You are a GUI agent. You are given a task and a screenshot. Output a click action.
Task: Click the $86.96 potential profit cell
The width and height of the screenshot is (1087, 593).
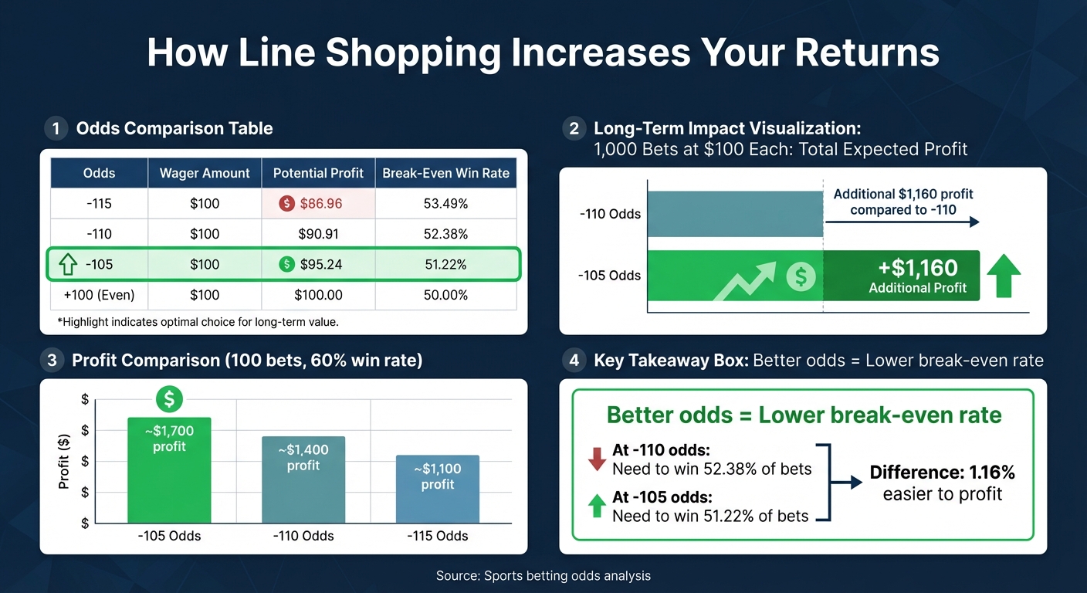point(318,204)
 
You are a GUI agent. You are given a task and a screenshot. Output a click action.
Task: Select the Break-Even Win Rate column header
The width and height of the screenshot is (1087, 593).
point(445,173)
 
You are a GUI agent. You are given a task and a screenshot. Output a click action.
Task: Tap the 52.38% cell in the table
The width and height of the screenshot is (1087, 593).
point(445,234)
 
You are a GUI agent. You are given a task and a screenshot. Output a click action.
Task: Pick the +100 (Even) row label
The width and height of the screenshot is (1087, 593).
point(99,295)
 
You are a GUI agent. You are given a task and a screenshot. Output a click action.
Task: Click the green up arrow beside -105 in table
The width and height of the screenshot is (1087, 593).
point(68,265)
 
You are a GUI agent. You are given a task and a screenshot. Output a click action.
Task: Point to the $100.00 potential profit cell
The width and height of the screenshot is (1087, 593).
point(318,295)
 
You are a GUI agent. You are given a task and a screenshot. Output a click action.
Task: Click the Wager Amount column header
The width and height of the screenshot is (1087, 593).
point(205,173)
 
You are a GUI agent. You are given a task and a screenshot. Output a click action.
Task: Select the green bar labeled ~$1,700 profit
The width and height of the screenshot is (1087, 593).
point(169,471)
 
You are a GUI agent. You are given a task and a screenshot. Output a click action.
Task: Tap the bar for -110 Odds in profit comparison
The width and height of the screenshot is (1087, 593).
point(303,480)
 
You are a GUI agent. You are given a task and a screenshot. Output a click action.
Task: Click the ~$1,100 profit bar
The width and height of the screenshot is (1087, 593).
point(438,490)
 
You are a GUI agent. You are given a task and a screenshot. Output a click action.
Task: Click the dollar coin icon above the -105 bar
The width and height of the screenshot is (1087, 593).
point(169,399)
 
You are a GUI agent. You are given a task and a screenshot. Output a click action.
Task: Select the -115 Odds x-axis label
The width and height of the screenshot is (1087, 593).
point(438,536)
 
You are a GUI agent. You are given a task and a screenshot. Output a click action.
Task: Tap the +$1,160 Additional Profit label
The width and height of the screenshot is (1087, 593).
point(917,276)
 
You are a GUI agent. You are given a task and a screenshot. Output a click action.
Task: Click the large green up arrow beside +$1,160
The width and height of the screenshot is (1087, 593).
point(1004,276)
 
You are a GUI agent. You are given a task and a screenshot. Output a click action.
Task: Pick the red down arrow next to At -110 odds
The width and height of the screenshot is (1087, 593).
point(597,460)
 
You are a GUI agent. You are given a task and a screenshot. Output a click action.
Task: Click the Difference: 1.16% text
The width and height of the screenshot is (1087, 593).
point(942,473)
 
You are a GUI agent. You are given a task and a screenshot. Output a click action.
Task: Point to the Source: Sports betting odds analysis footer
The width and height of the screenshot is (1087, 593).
point(543,576)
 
